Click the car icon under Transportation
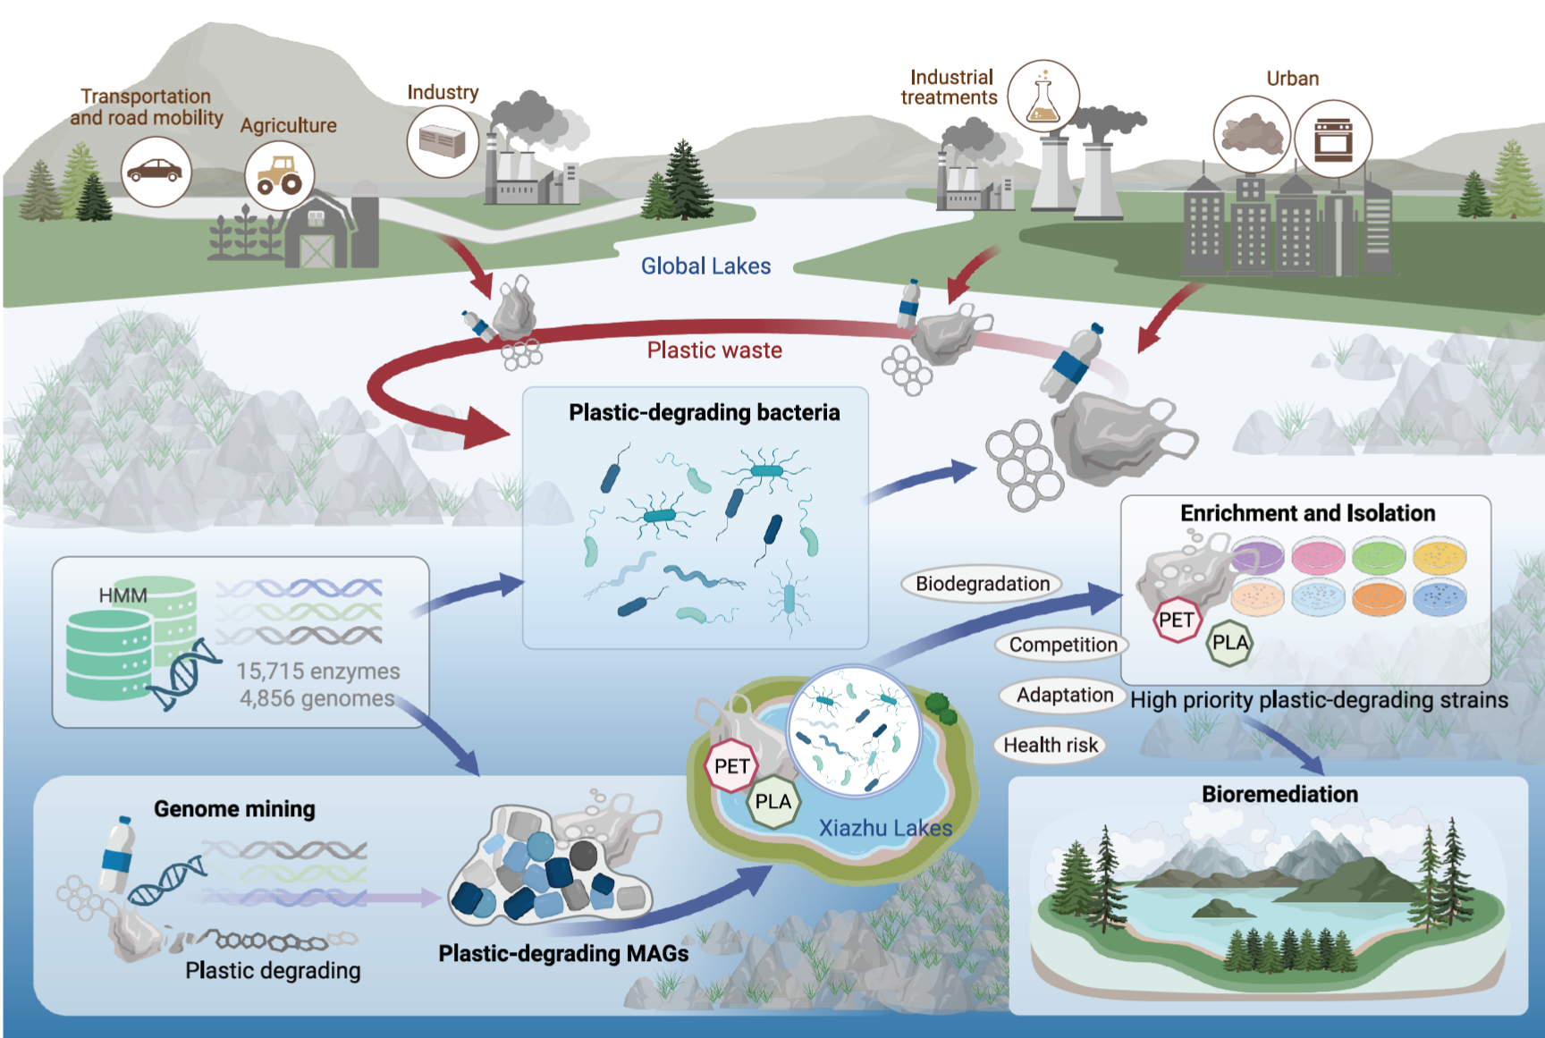coord(156,171)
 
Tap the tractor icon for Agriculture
coord(279,175)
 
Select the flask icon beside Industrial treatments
coord(1043,97)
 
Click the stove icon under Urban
coord(1332,139)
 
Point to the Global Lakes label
coord(705,266)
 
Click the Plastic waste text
coord(714,350)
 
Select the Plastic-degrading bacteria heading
coord(704,412)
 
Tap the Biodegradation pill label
coord(983,584)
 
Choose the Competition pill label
coord(1062,645)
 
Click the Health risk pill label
coord(1050,745)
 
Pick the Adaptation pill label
coord(1064,695)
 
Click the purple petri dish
coord(1257,555)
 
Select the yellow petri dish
coord(1439,555)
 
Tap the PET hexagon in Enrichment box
coord(1176,620)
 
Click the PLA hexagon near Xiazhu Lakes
coord(772,801)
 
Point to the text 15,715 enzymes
coord(317,671)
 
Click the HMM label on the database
coord(122,595)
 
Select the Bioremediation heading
coord(1279,794)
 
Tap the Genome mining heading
coord(234,809)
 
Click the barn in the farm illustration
coord(317,234)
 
